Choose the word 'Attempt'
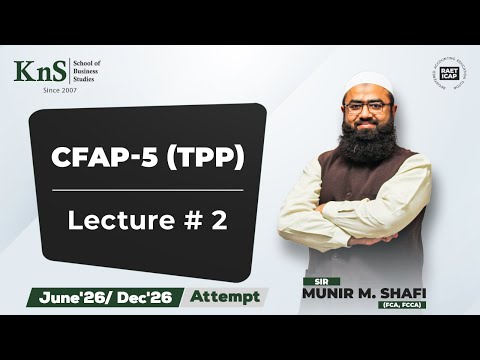point(225,296)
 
